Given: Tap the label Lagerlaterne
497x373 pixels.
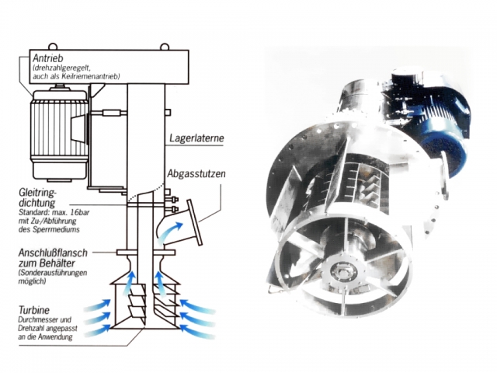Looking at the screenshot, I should click(197, 139).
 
